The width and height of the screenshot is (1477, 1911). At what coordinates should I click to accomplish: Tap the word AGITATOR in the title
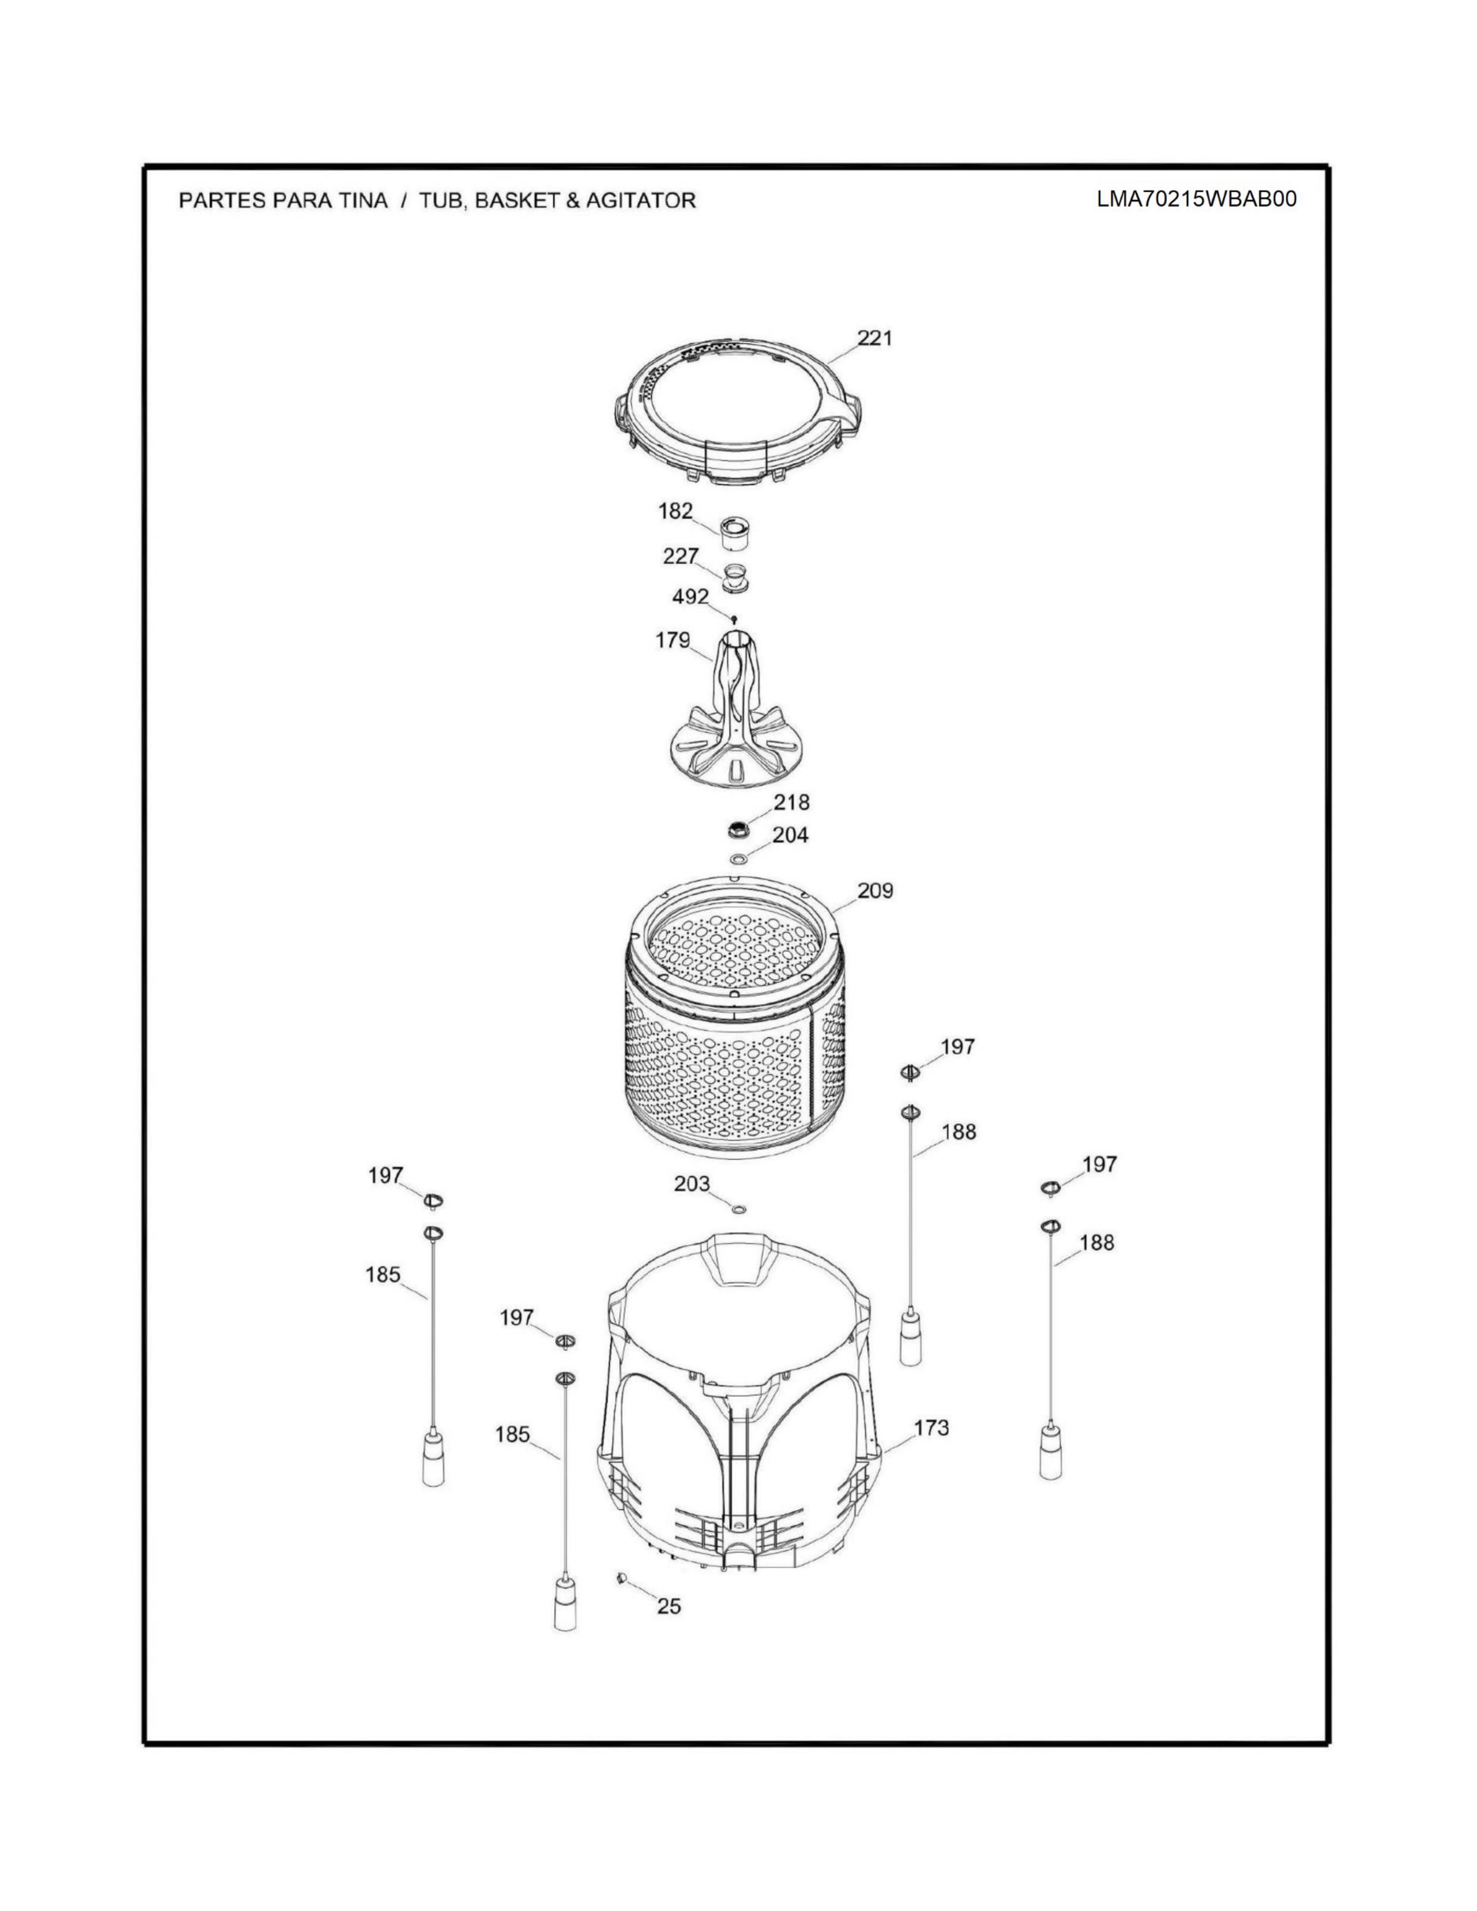click(x=641, y=200)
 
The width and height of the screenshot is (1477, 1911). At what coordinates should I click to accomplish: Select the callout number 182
click(x=675, y=511)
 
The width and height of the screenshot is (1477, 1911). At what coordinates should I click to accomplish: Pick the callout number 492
click(x=690, y=596)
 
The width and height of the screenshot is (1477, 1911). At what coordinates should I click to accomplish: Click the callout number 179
click(x=673, y=640)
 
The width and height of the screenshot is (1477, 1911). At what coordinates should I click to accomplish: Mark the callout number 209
click(x=875, y=891)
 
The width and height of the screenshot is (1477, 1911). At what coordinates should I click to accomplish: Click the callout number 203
click(x=692, y=1184)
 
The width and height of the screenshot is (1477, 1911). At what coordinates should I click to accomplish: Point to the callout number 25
click(x=668, y=1606)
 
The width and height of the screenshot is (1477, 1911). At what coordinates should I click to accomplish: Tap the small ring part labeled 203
click(x=738, y=1209)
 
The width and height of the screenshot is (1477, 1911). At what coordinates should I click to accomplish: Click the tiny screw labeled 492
click(x=734, y=620)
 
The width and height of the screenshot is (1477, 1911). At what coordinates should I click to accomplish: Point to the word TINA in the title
click(x=360, y=200)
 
